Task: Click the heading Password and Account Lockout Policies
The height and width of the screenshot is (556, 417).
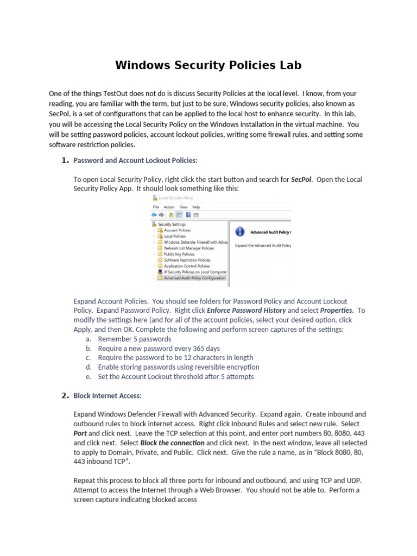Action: (x=135, y=160)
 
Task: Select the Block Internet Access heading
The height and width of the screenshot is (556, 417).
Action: (x=107, y=396)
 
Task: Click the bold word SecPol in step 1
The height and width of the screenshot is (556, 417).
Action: (x=301, y=179)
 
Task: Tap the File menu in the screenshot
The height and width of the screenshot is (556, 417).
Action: (x=156, y=207)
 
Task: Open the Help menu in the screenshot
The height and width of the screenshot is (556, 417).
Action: (x=196, y=207)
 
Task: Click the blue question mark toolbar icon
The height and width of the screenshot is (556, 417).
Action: (x=188, y=214)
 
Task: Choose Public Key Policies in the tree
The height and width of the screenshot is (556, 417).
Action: (x=179, y=254)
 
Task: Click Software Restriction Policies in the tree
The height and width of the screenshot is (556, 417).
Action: (x=187, y=260)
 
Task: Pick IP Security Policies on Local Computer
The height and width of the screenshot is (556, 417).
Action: (x=195, y=271)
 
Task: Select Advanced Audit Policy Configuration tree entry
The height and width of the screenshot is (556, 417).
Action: (x=194, y=277)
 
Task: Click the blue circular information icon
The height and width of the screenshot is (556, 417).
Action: (x=239, y=232)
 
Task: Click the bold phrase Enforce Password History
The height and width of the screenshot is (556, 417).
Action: (x=247, y=311)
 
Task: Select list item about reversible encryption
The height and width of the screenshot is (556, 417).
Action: (x=179, y=367)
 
